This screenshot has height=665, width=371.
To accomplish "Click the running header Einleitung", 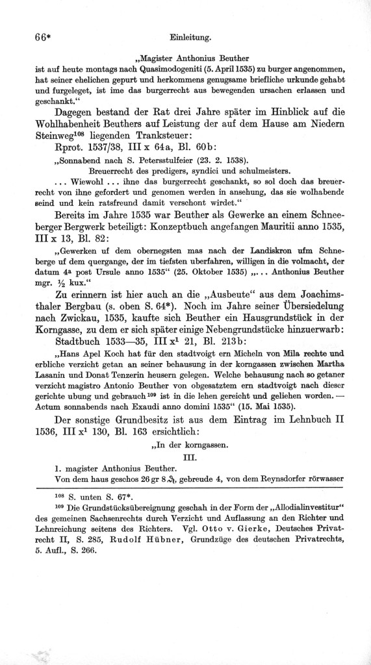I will (x=187, y=38).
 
